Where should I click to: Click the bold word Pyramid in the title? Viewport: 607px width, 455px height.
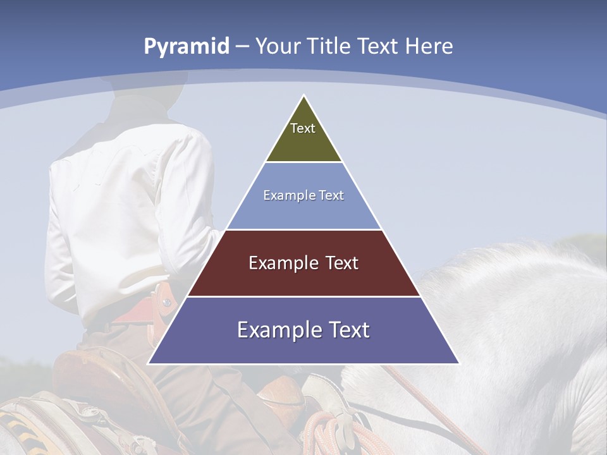(x=187, y=47)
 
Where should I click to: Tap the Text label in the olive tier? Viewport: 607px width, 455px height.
(x=303, y=128)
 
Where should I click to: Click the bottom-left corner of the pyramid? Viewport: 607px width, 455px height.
(x=149, y=363)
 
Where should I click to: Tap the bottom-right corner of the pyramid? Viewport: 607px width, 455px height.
(x=459, y=363)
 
